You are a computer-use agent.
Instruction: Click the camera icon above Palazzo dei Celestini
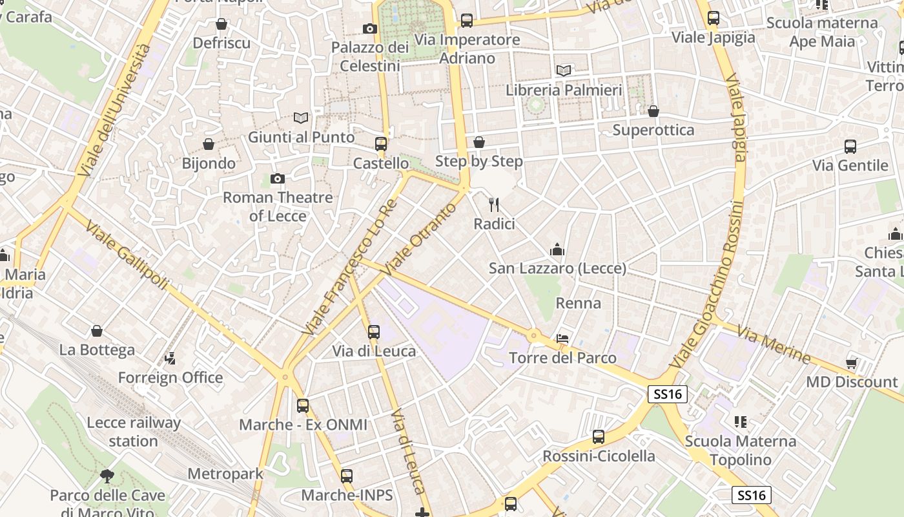[x=370, y=28]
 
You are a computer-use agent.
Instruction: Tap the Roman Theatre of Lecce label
[x=278, y=206]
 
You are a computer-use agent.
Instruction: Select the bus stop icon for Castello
[x=381, y=144]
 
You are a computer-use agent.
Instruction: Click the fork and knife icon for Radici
[x=495, y=206]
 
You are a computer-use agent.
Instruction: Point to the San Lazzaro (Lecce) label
[x=557, y=268]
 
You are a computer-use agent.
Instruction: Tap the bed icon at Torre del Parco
[x=562, y=339]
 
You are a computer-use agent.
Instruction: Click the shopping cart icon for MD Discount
[x=852, y=363]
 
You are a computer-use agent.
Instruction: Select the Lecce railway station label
[x=134, y=432]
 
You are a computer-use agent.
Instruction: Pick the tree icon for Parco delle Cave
[x=107, y=477]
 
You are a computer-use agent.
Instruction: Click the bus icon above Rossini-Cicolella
[x=599, y=437]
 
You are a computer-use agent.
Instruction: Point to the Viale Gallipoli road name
[x=127, y=256]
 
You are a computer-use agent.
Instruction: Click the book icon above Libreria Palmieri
[x=564, y=70]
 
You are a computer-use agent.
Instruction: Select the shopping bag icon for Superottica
[x=653, y=111]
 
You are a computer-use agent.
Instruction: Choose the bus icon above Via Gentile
[x=850, y=147]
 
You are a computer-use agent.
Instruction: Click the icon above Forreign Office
[x=170, y=358]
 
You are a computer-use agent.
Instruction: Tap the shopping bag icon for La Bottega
[x=97, y=331]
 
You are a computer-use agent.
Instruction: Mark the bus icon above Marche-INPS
[x=347, y=476]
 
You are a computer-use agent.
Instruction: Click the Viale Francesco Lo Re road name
[x=349, y=268]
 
